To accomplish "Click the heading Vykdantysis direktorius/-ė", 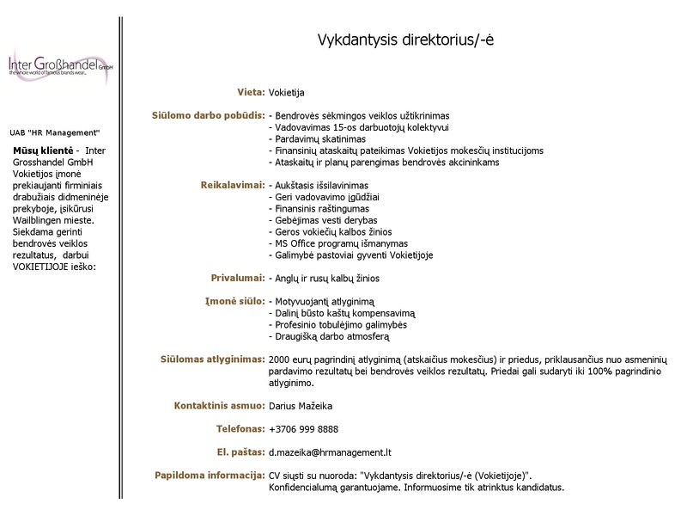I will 406,40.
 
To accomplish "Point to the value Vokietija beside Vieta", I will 287,92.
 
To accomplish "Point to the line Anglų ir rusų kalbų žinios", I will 324,279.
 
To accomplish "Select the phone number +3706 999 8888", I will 303,428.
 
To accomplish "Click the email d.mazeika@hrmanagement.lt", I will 330,451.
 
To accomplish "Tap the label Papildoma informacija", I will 209,475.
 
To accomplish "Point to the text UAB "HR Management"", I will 55,132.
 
